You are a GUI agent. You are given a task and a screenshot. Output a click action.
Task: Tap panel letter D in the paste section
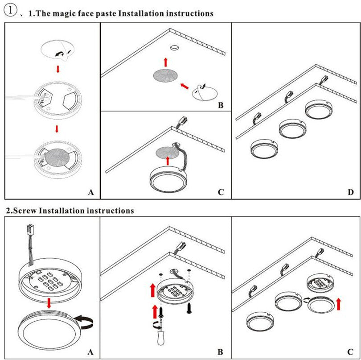350,192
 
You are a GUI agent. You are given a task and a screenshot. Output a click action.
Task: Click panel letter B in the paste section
221,106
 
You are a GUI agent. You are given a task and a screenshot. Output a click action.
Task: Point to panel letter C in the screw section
350,352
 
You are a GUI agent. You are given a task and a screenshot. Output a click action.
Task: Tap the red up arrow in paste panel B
165,62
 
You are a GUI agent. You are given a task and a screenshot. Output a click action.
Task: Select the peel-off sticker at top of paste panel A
57,51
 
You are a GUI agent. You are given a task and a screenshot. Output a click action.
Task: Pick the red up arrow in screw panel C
338,304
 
